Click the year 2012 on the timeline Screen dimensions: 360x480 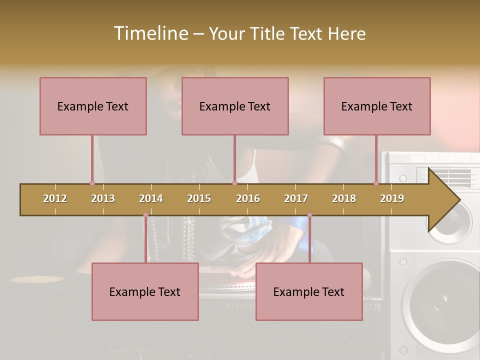coord(55,198)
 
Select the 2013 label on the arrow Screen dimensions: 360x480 coord(103,198)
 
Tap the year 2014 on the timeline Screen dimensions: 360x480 coord(151,198)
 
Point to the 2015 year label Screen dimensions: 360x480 coord(199,198)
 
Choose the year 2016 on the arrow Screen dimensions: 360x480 coord(248,198)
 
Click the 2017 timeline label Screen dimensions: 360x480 coord(296,198)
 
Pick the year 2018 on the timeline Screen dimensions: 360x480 coord(344,198)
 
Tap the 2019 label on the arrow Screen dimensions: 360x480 coord(392,198)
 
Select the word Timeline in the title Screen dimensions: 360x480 coord(150,33)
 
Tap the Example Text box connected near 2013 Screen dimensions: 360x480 coord(93,106)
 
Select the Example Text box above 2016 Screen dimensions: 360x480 coord(235,106)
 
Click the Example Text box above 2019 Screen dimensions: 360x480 coord(377,106)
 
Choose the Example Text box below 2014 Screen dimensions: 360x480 coord(145,291)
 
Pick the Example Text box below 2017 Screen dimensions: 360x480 coord(309,291)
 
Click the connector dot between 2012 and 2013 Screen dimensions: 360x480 coord(92,183)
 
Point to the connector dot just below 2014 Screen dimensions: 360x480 coord(145,215)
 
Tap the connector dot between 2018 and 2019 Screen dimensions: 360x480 coord(376,183)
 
